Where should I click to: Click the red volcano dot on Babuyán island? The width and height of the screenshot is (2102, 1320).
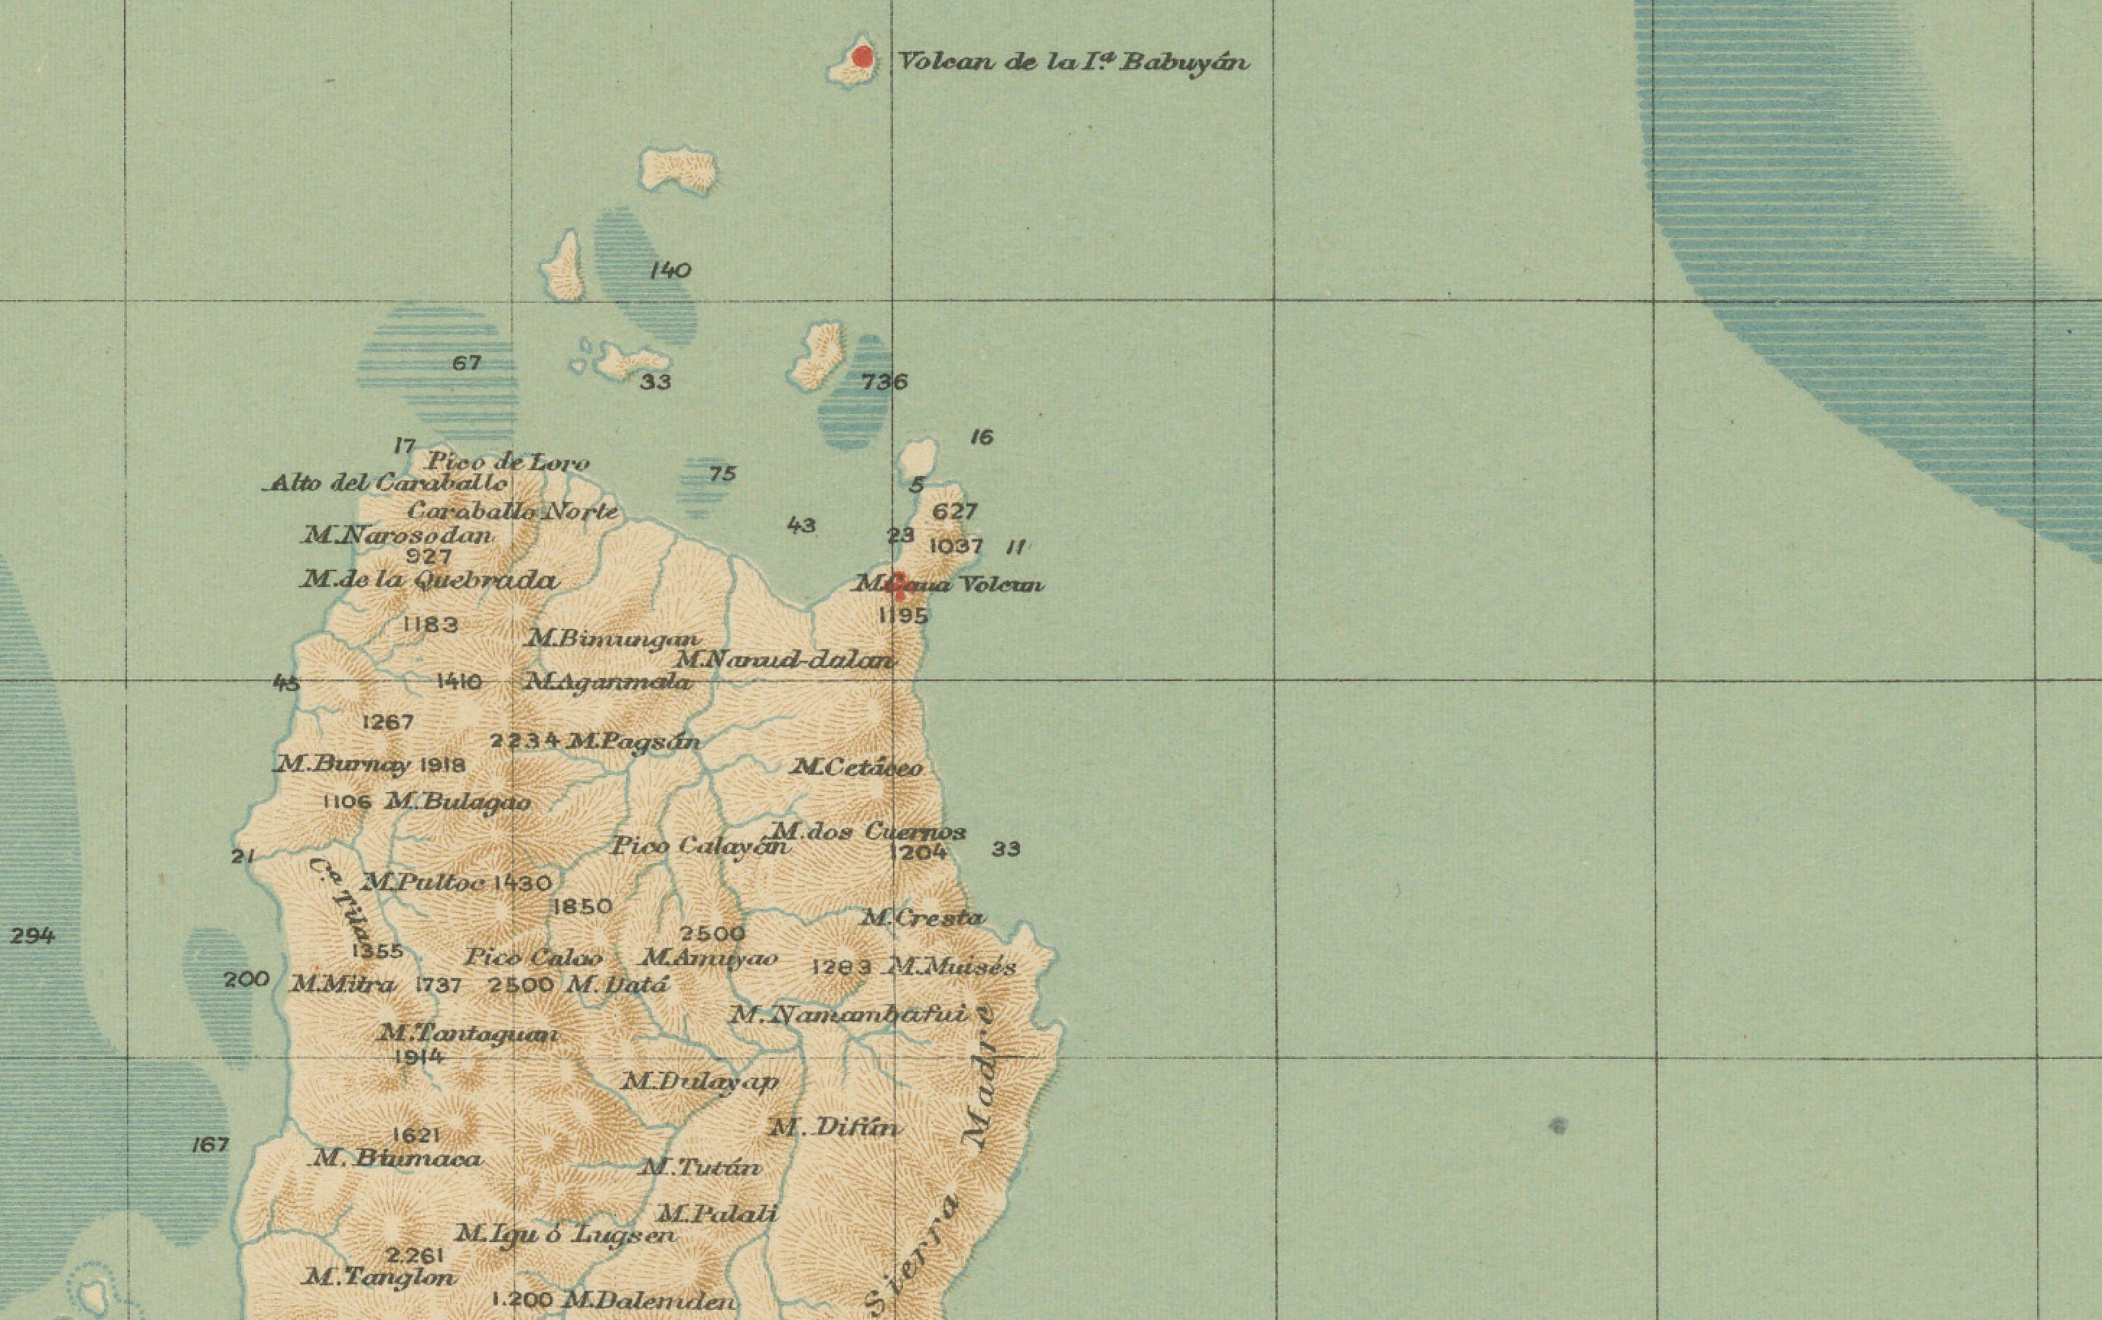point(863,58)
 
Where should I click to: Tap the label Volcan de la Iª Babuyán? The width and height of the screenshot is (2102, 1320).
point(1073,62)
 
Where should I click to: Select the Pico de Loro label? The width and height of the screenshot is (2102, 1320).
point(507,462)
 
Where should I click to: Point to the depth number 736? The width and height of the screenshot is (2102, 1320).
point(884,382)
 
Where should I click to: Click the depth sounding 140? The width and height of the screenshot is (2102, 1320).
point(669,270)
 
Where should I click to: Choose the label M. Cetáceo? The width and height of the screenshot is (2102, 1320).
point(856,767)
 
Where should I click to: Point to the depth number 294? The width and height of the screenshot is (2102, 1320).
point(32,936)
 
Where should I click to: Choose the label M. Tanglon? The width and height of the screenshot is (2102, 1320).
point(378,1277)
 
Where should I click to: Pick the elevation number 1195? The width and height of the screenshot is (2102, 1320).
point(902,615)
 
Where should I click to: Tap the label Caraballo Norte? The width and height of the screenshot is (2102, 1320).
point(511,511)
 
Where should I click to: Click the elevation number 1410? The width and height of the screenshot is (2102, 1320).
point(458,681)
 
